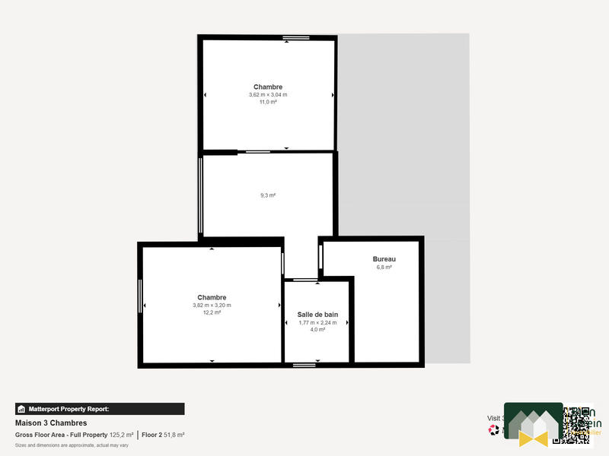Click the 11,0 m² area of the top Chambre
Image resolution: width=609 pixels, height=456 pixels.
pos(267,102)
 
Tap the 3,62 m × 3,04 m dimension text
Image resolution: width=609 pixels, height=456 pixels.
pos(267,95)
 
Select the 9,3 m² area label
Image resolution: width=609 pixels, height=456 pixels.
pos(267,195)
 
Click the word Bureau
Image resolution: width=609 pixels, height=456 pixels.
pos(384,259)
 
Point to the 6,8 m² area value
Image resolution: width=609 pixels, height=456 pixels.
pos(384,268)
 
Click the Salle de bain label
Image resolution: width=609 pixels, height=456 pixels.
pos(317,314)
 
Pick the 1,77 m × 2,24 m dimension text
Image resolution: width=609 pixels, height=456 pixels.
pos(317,322)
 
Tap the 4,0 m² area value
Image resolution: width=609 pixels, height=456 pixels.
pos(317,330)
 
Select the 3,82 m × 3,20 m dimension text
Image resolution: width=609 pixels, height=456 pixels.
pos(212,306)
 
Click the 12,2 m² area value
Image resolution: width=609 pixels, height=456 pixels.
pos(212,312)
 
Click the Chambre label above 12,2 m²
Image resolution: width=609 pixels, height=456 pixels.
pos(212,297)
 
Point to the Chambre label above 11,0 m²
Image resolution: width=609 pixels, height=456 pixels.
pos(268,87)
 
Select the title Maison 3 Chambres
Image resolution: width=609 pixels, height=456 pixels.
pos(51,423)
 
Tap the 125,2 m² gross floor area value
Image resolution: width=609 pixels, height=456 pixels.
pos(121,435)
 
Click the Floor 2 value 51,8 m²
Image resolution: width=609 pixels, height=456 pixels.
pos(174,435)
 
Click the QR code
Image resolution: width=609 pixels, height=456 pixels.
pos(576,425)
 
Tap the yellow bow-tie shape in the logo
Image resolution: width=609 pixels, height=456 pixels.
pos(533,437)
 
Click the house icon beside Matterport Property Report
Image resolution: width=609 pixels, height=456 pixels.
pos(21,409)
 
